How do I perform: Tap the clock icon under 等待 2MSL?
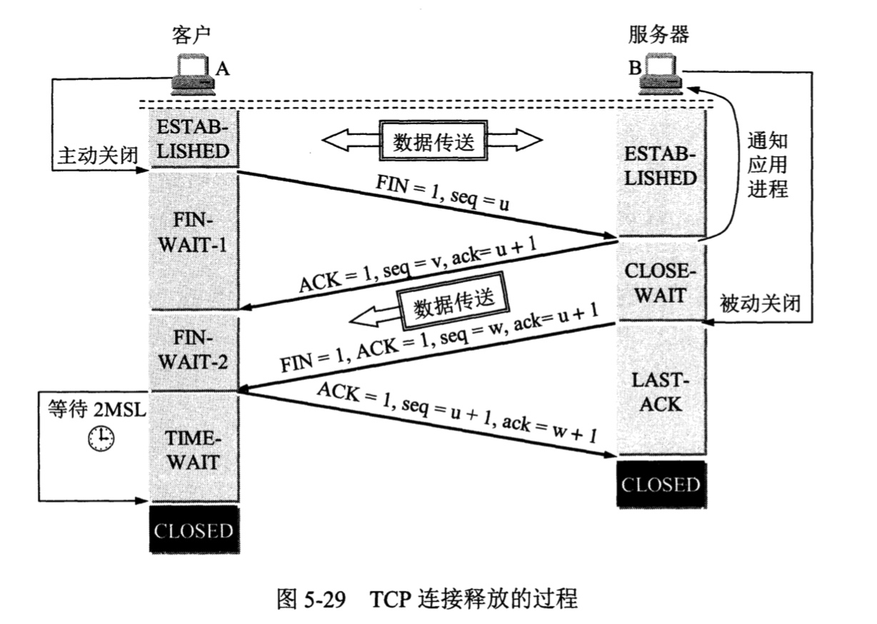coord(101,438)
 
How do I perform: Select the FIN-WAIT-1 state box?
coord(194,241)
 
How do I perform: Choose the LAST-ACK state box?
coord(661,392)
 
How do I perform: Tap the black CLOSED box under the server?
coord(661,485)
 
